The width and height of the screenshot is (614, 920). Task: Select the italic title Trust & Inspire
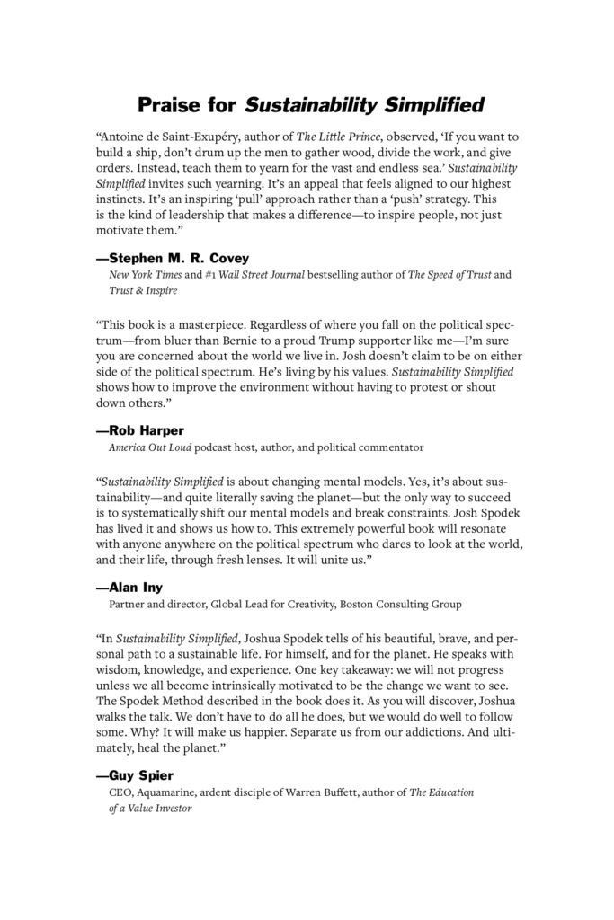click(x=143, y=291)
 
